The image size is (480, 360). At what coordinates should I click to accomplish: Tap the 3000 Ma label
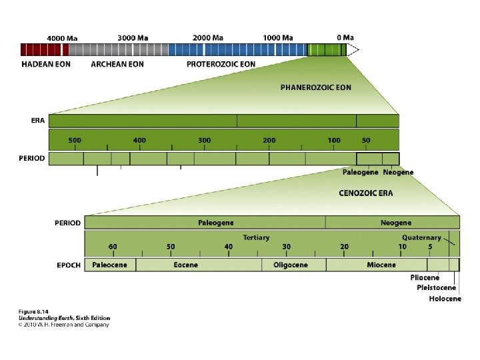coord(133,37)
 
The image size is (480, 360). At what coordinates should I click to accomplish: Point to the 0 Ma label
coord(345,37)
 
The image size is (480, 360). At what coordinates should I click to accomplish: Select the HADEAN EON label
coord(47,64)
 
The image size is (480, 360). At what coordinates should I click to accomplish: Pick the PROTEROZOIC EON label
coord(221,64)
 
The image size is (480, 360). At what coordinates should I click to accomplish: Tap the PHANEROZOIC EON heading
coord(315,87)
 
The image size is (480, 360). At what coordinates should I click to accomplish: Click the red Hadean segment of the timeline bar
coord(44,49)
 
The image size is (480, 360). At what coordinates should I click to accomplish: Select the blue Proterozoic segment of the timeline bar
coord(237,49)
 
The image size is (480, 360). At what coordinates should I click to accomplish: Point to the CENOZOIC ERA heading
coord(366,193)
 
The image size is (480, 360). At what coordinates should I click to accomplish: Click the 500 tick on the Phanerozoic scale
coord(75,141)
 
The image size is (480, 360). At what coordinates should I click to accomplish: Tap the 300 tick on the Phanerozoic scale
coord(204,141)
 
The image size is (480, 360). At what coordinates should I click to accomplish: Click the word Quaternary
coord(421,237)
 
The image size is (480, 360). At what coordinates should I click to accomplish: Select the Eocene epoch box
coord(185,265)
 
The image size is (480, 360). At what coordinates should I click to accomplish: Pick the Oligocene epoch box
coord(291,265)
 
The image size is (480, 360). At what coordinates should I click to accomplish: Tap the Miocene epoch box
coord(381,265)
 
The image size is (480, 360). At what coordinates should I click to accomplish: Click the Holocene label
coord(445,299)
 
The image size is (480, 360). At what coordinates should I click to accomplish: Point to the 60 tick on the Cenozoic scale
coord(113,247)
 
